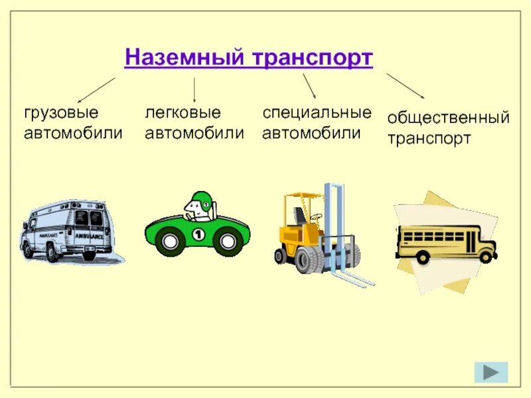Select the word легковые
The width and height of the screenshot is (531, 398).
click(x=183, y=112)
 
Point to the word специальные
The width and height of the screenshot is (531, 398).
click(x=317, y=112)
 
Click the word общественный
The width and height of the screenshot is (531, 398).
click(x=448, y=118)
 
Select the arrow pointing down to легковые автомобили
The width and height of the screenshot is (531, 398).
click(x=194, y=89)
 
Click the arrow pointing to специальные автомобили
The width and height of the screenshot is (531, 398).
click(x=309, y=86)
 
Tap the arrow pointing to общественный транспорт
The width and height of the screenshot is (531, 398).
click(x=406, y=85)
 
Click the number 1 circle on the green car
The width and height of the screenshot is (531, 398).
click(x=197, y=233)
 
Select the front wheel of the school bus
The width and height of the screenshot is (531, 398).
click(x=486, y=256)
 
